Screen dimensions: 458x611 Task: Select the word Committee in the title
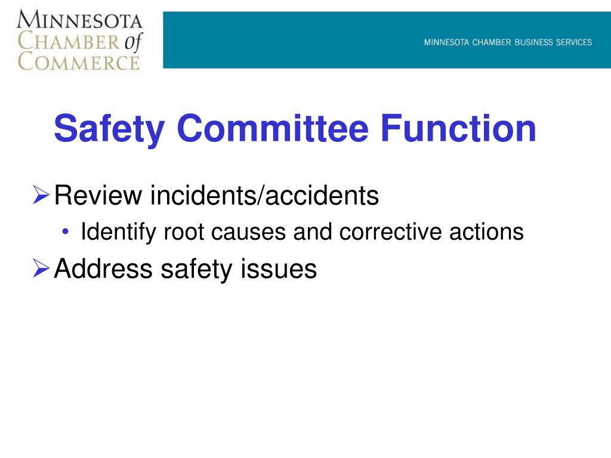pyautogui.click(x=271, y=128)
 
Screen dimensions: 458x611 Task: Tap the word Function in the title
pyautogui.click(x=459, y=128)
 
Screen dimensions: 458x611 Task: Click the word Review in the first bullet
pyautogui.click(x=98, y=196)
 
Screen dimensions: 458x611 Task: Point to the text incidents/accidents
pyautogui.click(x=264, y=196)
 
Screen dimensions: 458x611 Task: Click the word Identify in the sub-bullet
pyautogui.click(x=114, y=232)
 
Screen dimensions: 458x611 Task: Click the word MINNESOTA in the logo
pyautogui.click(x=80, y=21)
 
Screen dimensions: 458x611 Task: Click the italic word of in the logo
pyautogui.click(x=132, y=41)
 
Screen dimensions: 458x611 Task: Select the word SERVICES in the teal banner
pyautogui.click(x=571, y=42)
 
